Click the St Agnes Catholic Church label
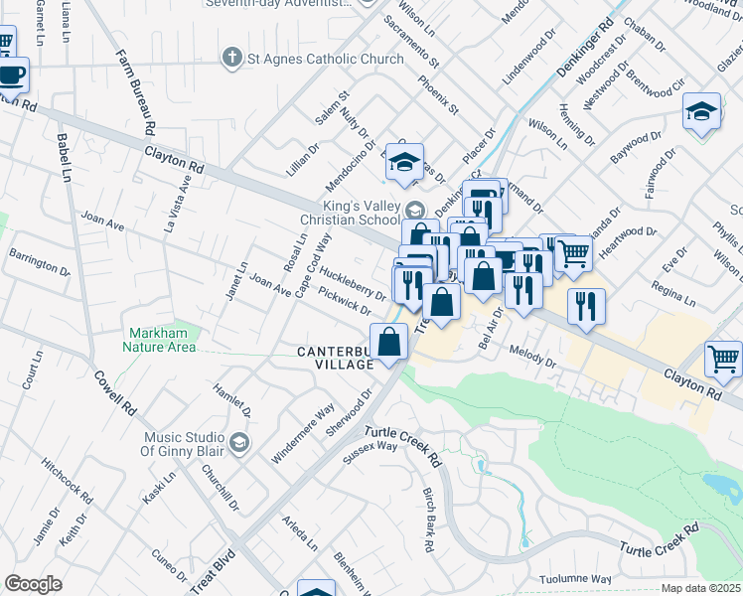point(325,59)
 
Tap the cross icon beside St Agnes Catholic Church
point(231,59)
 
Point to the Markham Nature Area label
point(160,340)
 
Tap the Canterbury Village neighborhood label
point(335,358)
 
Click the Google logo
point(33,584)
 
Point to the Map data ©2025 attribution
point(700,588)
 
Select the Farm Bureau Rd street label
point(134,92)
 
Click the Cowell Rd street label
point(116,392)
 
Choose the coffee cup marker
point(12,74)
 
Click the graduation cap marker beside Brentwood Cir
point(701,111)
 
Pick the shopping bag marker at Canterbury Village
point(389,342)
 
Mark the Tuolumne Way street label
point(575,578)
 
